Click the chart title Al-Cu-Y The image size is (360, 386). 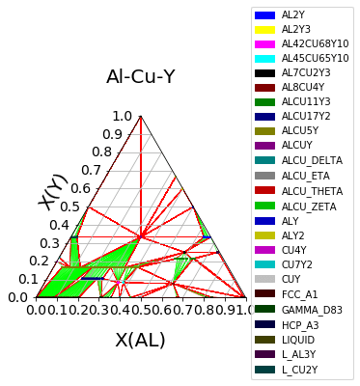141,76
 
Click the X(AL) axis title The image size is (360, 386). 141,340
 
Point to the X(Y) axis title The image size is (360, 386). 54,191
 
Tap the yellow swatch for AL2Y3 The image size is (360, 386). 265,30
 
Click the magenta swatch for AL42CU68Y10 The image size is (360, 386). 265,44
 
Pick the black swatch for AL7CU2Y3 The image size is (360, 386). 265,72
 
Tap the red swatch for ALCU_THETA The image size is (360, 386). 265,190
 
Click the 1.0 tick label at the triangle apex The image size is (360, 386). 123,116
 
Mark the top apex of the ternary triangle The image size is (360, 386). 141,116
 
